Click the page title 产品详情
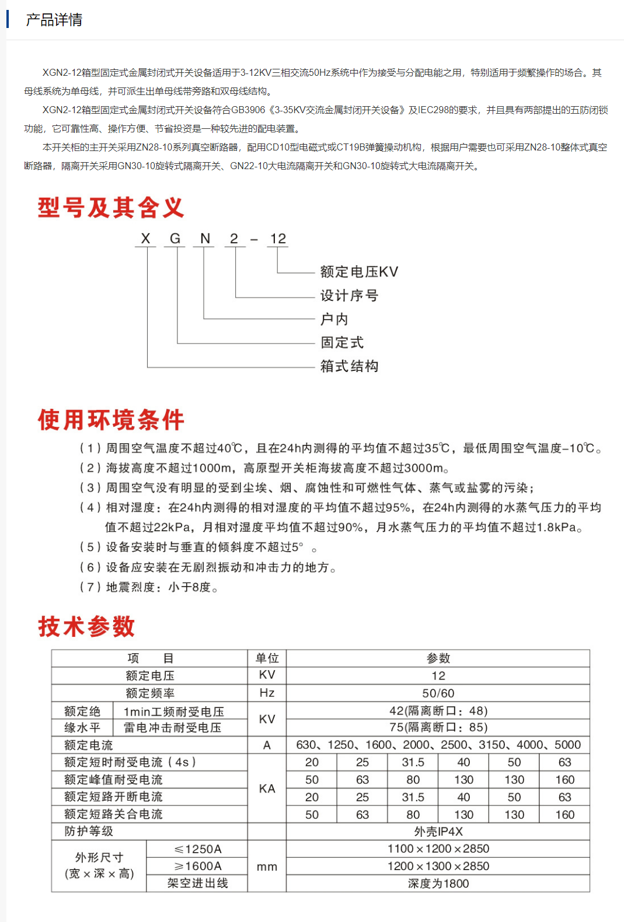coord(54,20)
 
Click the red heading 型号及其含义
coord(111,208)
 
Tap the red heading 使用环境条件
coord(111,420)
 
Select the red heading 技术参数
coord(86,626)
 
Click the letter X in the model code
coord(145,239)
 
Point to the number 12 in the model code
coord(278,239)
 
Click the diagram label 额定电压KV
coord(359,272)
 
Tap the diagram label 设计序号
coord(349,296)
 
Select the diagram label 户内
coord(334,319)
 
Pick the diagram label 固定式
coord(342,342)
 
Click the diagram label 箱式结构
coord(349,366)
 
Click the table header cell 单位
coord(267,658)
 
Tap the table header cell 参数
coord(438,658)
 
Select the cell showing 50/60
coord(438,693)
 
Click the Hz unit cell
coord(267,693)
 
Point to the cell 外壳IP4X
coord(438,832)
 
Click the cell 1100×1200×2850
coord(438,849)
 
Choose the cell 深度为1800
coord(438,884)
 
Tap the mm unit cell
coord(267,867)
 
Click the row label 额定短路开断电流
coord(113,797)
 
